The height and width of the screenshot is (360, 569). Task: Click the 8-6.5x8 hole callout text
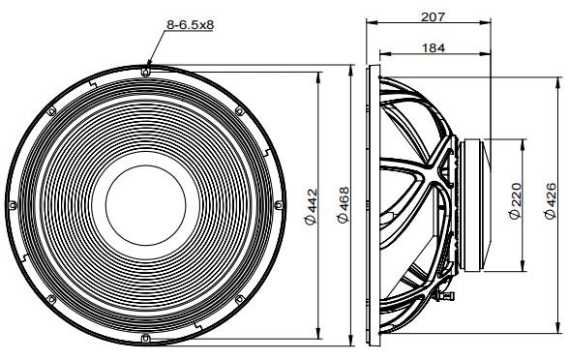(x=190, y=25)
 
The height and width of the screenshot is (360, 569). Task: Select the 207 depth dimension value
(x=433, y=16)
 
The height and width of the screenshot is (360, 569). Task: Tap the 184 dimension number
(x=434, y=47)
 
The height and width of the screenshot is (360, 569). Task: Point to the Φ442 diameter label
(x=311, y=206)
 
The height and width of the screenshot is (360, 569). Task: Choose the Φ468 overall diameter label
(x=343, y=205)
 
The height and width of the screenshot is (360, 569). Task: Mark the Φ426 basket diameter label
(x=550, y=200)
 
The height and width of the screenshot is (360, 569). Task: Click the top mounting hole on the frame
(x=145, y=72)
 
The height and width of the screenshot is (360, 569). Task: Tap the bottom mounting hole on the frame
(x=145, y=339)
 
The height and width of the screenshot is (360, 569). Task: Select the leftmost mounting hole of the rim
(x=13, y=205)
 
